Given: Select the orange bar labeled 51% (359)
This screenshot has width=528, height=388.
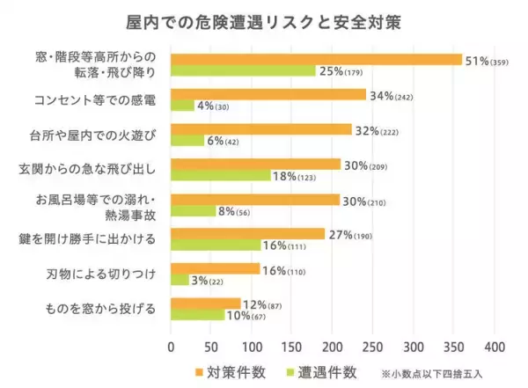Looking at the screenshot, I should click(316, 59).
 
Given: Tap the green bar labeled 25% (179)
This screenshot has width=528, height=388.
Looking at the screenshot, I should click(243, 70).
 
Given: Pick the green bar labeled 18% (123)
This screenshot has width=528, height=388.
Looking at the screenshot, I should click(220, 175).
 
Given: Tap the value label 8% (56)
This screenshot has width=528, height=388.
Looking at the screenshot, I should click(236, 211).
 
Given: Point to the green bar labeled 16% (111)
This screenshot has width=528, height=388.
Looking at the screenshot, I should click(216, 245).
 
